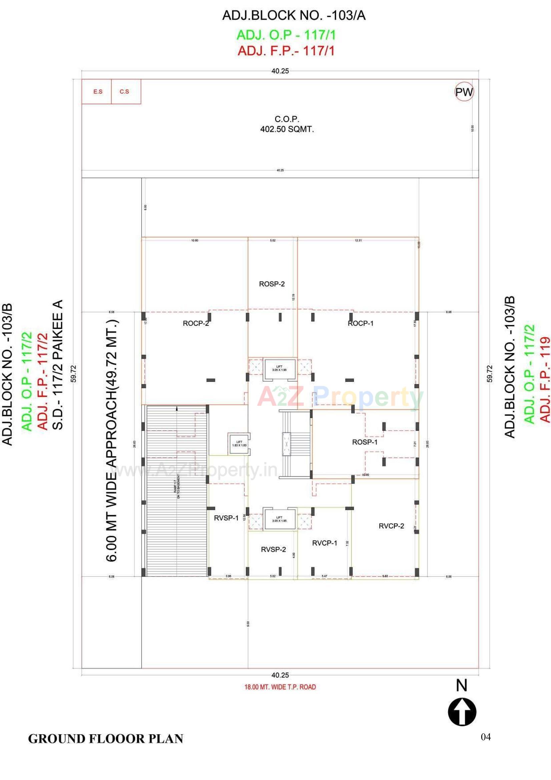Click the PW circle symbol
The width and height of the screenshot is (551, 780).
click(464, 92)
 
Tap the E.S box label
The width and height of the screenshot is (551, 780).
click(98, 92)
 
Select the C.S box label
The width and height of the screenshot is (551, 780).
click(124, 92)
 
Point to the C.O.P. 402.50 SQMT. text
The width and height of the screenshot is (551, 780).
click(287, 124)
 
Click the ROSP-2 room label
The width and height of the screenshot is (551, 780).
click(272, 284)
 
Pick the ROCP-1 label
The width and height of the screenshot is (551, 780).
click(361, 323)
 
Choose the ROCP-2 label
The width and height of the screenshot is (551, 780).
click(196, 323)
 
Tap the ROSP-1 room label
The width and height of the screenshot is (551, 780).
click(365, 442)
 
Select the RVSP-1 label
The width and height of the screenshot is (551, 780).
click(226, 518)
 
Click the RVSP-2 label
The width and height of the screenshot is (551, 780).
click(273, 549)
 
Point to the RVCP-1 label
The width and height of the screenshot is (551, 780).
click(325, 543)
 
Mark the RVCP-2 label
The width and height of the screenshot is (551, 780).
click(391, 526)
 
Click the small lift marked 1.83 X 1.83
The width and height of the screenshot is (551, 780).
click(239, 444)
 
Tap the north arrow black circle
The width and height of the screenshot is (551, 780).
click(462, 712)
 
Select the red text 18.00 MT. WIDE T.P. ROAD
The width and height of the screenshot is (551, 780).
click(280, 687)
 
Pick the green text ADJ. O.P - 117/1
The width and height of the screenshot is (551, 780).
click(286, 35)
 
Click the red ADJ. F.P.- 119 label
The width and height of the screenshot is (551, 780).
click(545, 379)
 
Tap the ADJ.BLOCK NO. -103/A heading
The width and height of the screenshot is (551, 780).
click(294, 16)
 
